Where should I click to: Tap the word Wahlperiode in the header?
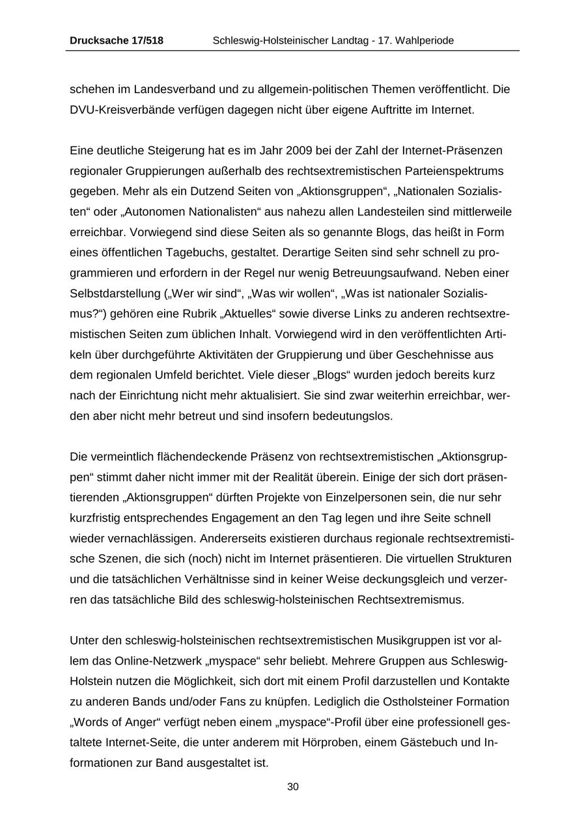pos(423,40)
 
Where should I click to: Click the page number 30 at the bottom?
pos(293,787)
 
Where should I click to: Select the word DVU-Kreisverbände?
pos(115,110)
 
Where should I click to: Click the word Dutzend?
pos(179,191)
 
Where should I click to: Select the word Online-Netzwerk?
pos(160,661)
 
